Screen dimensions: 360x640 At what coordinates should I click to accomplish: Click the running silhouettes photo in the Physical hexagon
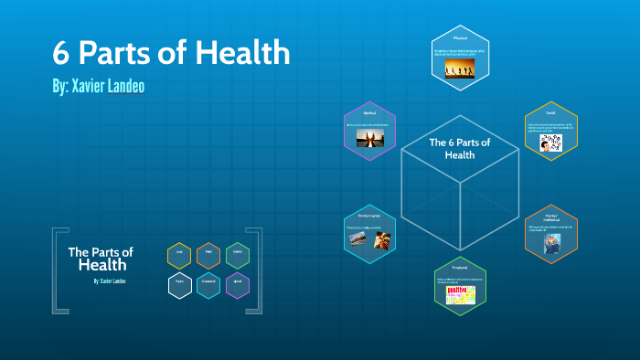(x=460, y=68)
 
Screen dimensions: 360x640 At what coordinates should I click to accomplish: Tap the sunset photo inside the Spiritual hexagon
(x=368, y=139)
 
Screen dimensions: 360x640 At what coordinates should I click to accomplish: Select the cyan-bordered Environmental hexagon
(x=369, y=233)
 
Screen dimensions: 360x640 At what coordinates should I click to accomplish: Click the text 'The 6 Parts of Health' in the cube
(x=460, y=148)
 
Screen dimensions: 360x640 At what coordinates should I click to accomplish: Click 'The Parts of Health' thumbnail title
(x=101, y=259)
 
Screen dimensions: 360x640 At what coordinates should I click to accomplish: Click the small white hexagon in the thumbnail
(x=180, y=286)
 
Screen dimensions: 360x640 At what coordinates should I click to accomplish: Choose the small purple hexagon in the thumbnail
(x=237, y=286)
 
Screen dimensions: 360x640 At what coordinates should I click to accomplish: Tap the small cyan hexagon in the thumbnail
(x=208, y=286)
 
